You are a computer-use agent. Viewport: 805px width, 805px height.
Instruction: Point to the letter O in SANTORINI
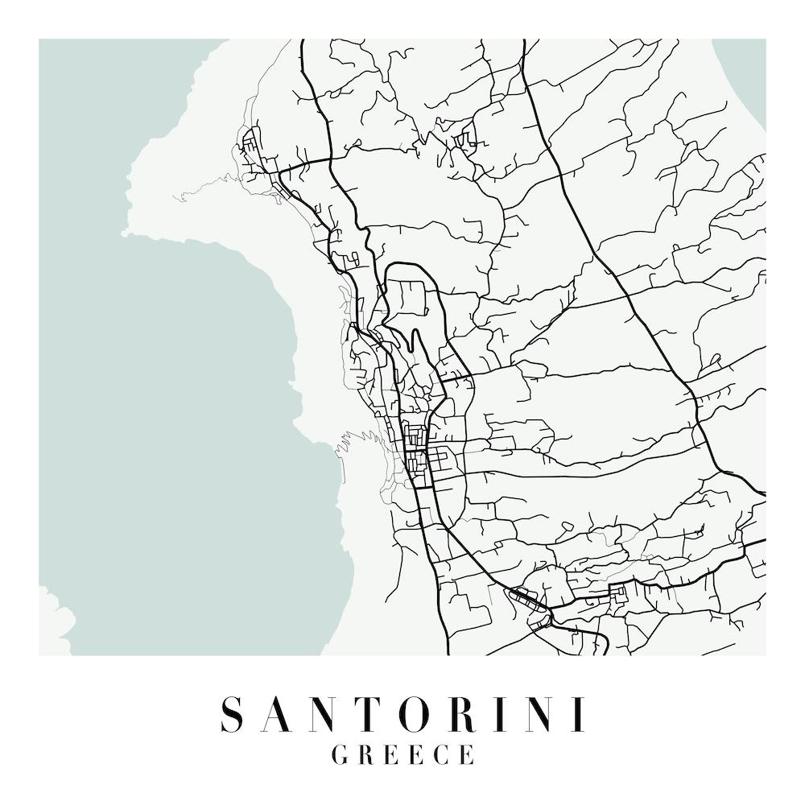click(x=422, y=715)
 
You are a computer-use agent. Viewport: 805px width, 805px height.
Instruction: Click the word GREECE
click(x=402, y=755)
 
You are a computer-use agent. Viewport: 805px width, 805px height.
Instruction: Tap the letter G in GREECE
click(x=341, y=755)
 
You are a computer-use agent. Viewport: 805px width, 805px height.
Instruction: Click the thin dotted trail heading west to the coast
click(x=201, y=193)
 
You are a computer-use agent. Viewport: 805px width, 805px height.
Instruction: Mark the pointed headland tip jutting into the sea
click(x=126, y=233)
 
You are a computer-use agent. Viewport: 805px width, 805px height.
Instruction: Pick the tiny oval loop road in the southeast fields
click(x=568, y=526)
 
